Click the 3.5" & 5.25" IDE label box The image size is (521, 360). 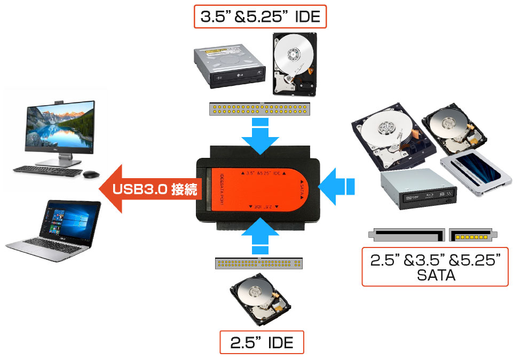(260, 17)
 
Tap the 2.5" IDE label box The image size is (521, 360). (262, 342)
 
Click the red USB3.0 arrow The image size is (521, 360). (152, 189)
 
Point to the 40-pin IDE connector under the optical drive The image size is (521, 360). (260, 109)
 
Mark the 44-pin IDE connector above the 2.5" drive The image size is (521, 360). (260, 263)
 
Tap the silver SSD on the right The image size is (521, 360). (472, 173)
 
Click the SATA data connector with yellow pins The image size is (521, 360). (472, 234)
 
